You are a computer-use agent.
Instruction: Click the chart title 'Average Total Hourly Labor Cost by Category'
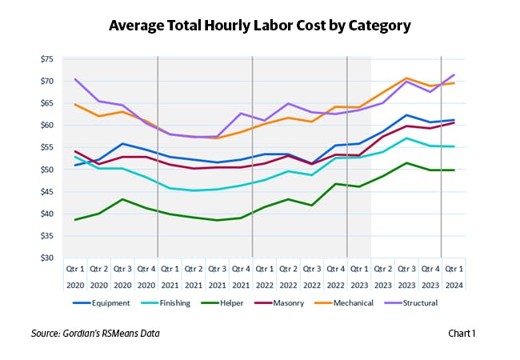pos(260,26)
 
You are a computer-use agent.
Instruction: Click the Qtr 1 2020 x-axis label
pos(75,277)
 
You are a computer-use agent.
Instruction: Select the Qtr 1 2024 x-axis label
pos(454,277)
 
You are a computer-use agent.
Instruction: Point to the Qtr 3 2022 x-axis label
pos(312,277)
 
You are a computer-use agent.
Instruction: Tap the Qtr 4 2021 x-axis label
pos(241,277)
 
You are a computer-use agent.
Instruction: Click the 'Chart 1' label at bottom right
pos(462,333)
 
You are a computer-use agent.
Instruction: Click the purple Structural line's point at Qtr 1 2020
pos(75,79)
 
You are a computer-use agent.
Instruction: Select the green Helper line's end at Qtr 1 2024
pos(454,170)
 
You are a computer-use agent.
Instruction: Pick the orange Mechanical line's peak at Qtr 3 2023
pos(406,78)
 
